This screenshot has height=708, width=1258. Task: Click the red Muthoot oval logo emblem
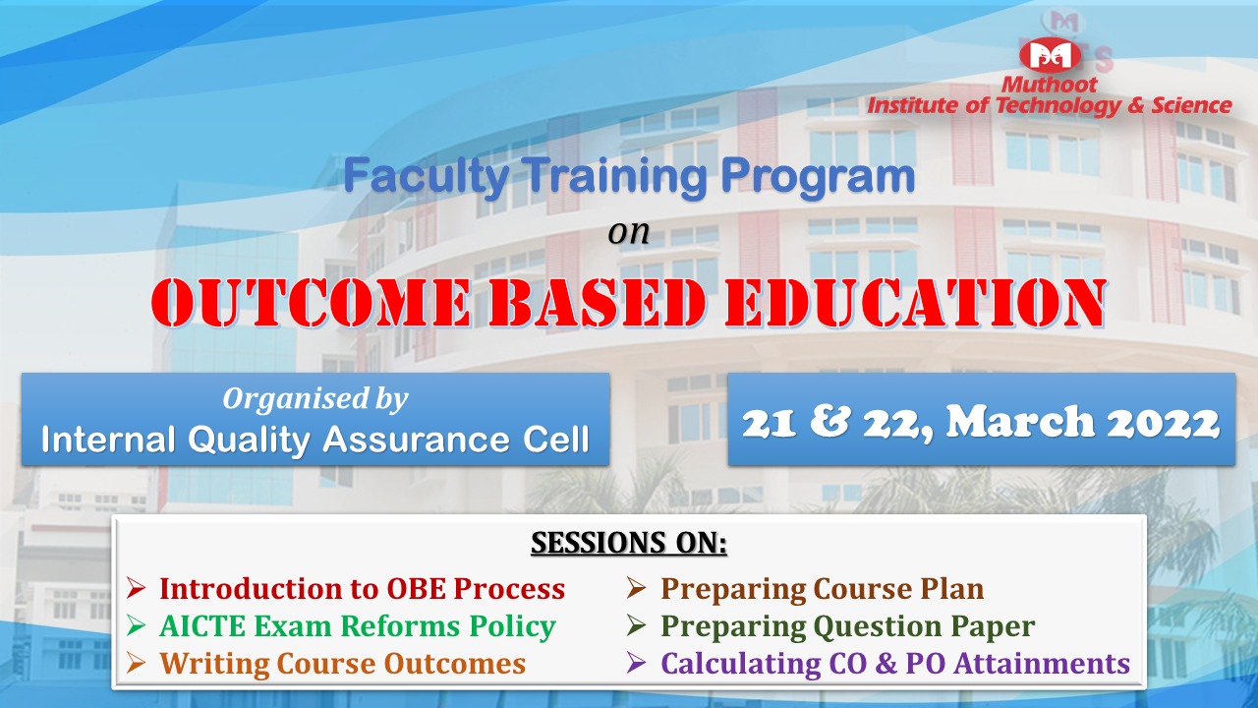click(x=1050, y=55)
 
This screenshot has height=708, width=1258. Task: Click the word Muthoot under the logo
click(x=1049, y=85)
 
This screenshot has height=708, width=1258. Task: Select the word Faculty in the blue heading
click(x=426, y=176)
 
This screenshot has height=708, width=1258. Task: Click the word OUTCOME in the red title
click(x=311, y=303)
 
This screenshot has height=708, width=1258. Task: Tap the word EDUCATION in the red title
click(x=915, y=303)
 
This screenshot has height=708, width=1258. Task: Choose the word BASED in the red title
click(x=597, y=303)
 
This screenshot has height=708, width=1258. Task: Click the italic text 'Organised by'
click(x=315, y=399)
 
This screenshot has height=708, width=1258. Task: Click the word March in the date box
click(x=1020, y=422)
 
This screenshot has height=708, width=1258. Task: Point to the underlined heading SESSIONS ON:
click(x=629, y=544)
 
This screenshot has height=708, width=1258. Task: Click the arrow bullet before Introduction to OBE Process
click(x=136, y=588)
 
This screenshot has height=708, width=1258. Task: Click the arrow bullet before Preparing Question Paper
click(x=636, y=625)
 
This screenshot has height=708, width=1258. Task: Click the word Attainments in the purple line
click(x=1043, y=664)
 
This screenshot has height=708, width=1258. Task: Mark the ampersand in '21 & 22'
click(x=829, y=422)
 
